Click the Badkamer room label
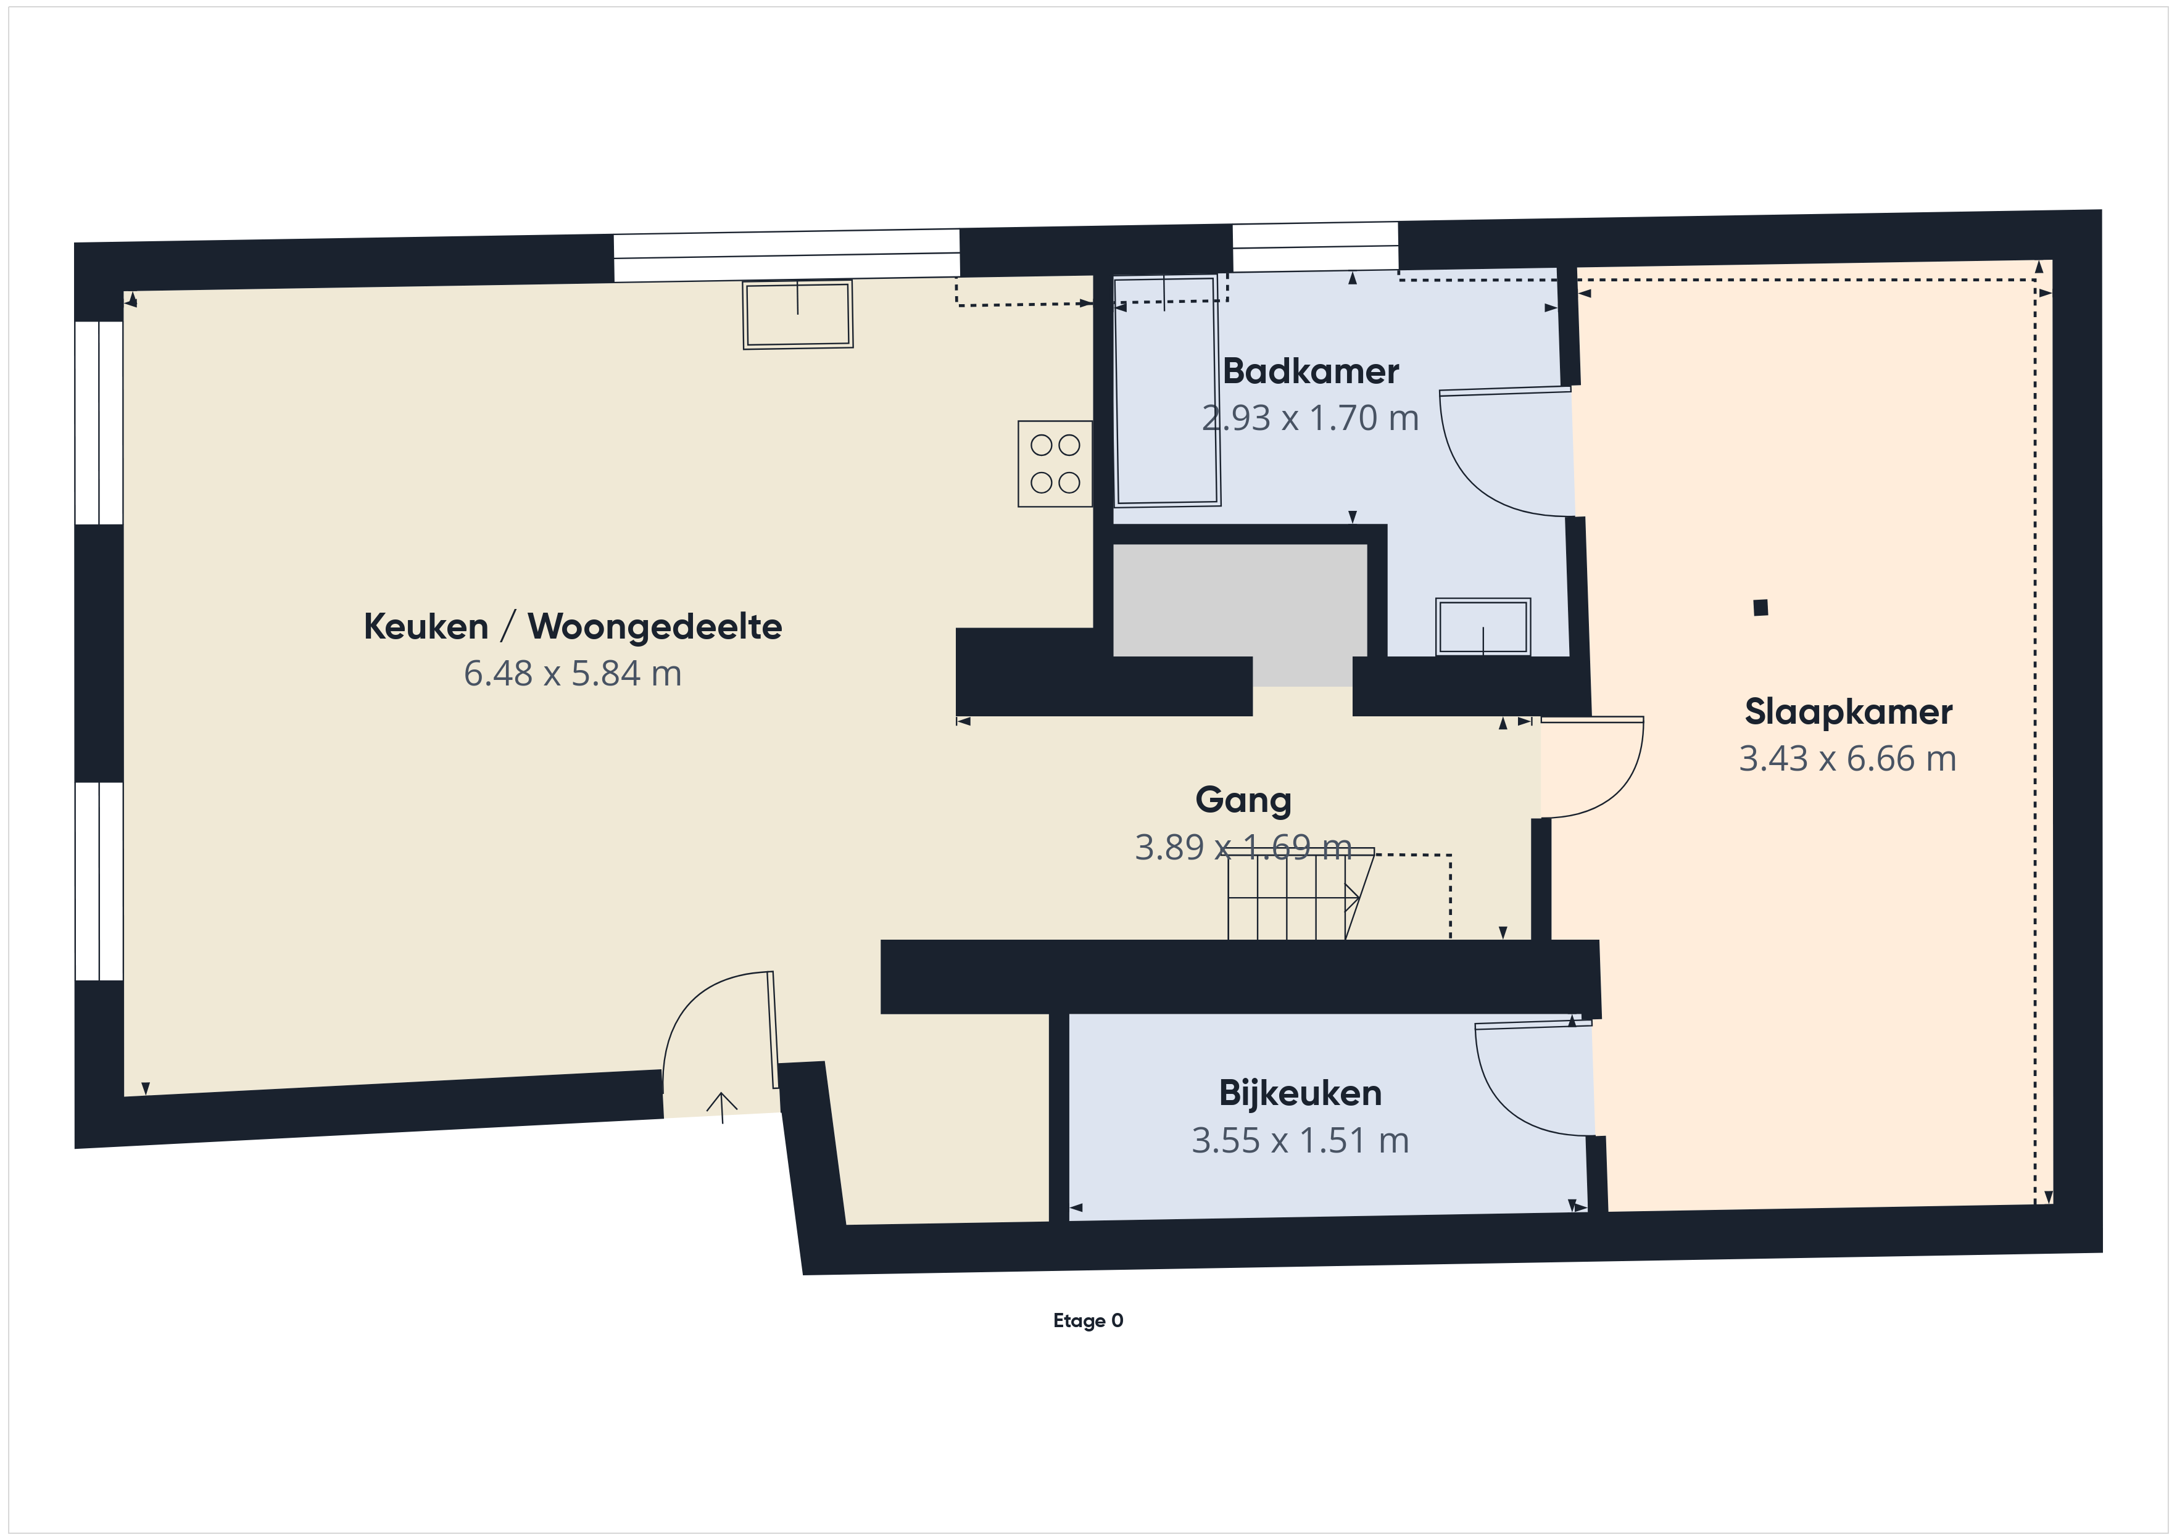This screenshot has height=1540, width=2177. coord(1311,371)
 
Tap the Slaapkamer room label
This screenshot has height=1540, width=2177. coord(1848,711)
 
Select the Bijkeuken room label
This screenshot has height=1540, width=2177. coord(1300,1093)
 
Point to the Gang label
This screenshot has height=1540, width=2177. coord(1243,800)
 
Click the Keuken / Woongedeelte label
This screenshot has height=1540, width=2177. coord(573,627)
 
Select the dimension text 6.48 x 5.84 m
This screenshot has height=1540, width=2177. coord(573,673)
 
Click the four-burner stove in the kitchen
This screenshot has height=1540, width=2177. coord(1055,464)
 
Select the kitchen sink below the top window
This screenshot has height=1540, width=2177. coord(797,314)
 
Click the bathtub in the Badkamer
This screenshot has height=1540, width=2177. coord(1166,391)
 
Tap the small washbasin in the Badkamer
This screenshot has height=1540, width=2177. coord(1483,626)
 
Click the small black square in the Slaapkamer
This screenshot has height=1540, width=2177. coord(1760,608)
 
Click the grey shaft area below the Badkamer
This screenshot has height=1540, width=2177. coord(1239,607)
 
